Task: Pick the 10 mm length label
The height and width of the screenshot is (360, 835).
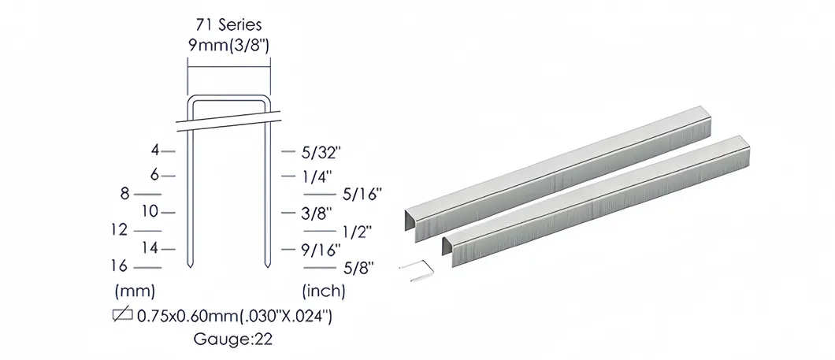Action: tap(150, 211)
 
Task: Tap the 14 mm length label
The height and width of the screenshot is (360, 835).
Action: tap(150, 248)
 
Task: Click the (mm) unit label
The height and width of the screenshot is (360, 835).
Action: tap(135, 290)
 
